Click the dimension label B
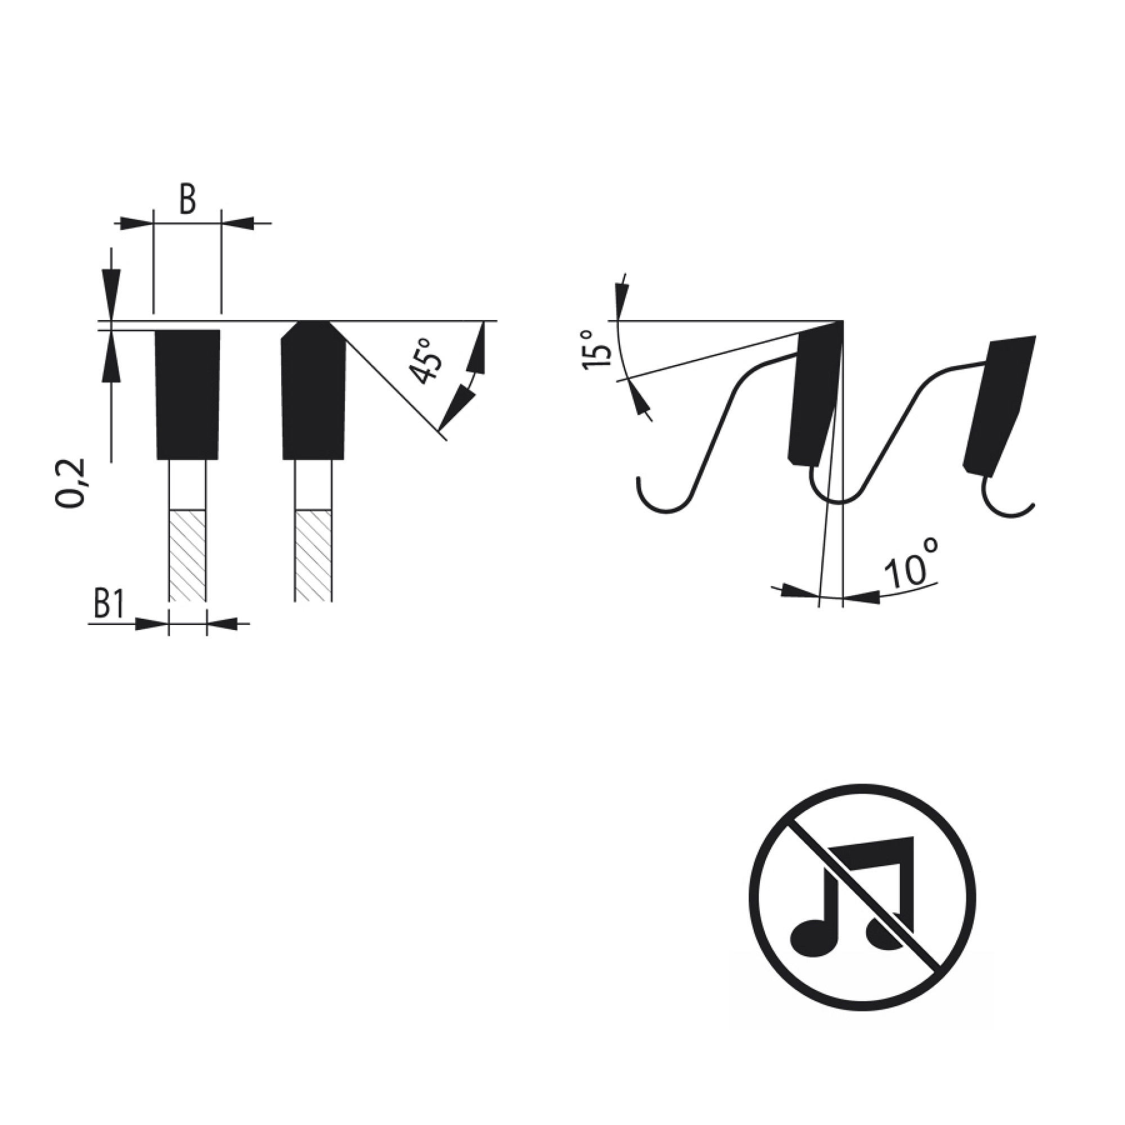[187, 200]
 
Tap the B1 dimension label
[109, 606]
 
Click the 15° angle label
[595, 349]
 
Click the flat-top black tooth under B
[187, 395]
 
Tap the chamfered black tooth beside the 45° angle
[313, 390]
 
